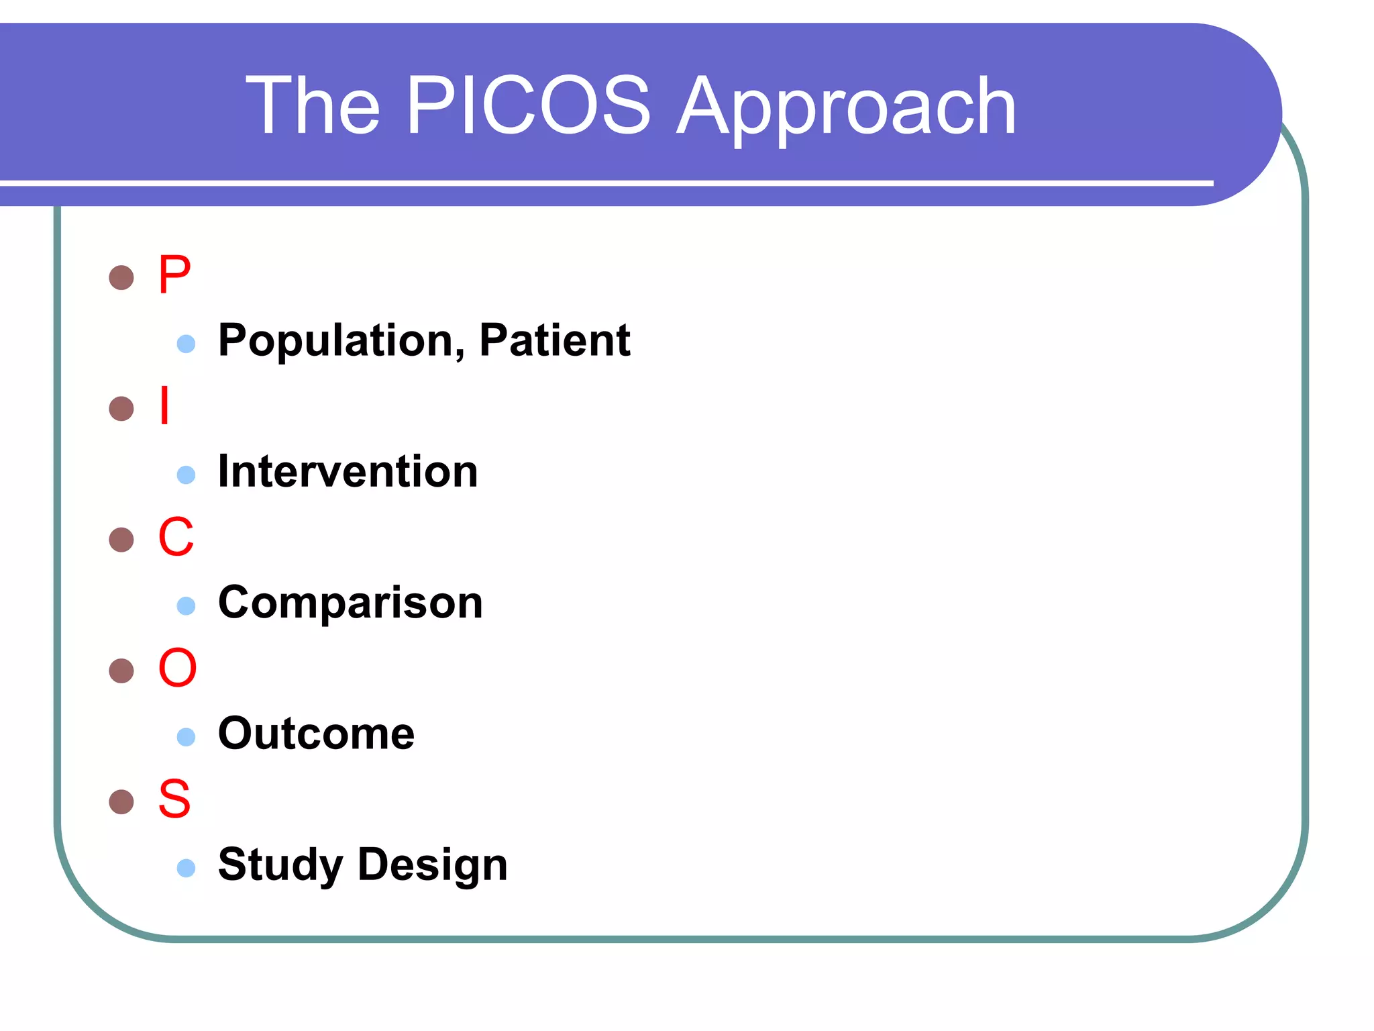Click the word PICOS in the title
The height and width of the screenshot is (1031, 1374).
pyautogui.click(x=529, y=105)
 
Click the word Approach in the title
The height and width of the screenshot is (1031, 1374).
pyautogui.click(x=847, y=107)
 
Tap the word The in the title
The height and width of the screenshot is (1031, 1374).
pyautogui.click(x=313, y=105)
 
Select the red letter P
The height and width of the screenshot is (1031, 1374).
pyautogui.click(x=174, y=275)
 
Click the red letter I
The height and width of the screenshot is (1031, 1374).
pyautogui.click(x=164, y=405)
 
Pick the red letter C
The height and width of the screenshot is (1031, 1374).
pyautogui.click(x=176, y=537)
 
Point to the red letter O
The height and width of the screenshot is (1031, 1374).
pyautogui.click(x=177, y=668)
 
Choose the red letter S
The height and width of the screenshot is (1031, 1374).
pyautogui.click(x=174, y=799)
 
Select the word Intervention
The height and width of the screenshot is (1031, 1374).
pyautogui.click(x=348, y=471)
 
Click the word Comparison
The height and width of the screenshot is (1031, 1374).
pyautogui.click(x=350, y=603)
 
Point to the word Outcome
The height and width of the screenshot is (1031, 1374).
pyautogui.click(x=316, y=734)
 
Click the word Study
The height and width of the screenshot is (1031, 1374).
pyautogui.click(x=280, y=865)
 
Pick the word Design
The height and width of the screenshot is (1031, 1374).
pyautogui.click(x=433, y=865)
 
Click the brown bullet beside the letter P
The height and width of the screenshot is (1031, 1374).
pyautogui.click(x=121, y=277)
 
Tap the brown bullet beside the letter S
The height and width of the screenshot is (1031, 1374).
pyautogui.click(x=121, y=801)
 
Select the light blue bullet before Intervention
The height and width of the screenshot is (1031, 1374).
pyautogui.click(x=186, y=475)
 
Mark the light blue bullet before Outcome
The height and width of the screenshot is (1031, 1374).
pyautogui.click(x=186, y=737)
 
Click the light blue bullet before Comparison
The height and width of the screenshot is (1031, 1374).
pyautogui.click(x=186, y=606)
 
